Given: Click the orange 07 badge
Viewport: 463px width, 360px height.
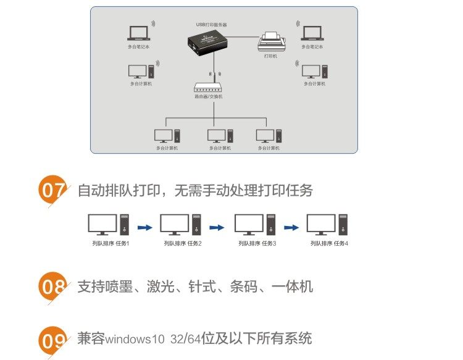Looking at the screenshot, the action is click(x=52, y=190).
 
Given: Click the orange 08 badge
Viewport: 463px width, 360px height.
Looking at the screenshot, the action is click(x=52, y=287).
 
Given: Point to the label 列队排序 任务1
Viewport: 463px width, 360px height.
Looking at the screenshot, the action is click(x=111, y=243).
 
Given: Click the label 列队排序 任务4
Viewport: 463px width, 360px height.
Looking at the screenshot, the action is click(x=329, y=243).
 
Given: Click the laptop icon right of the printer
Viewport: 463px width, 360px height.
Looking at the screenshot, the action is click(x=312, y=33).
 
